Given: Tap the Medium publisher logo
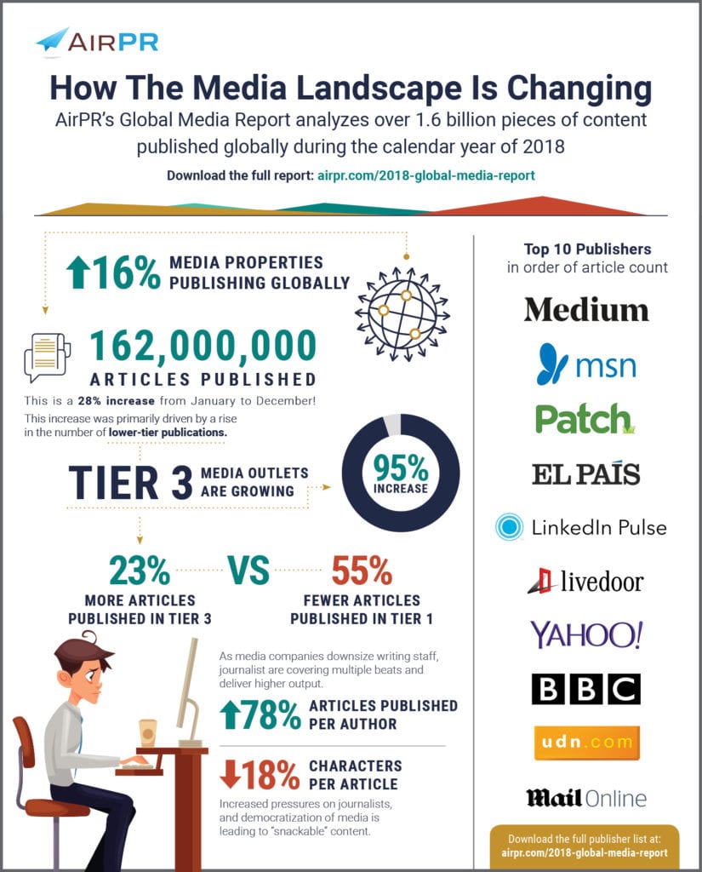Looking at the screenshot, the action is coord(586,310).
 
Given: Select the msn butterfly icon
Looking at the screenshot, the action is coord(552,364).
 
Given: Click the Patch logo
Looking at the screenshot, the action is coord(585,419).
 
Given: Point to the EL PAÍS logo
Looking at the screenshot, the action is coord(585,473).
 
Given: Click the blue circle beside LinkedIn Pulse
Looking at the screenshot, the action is coord(509,526).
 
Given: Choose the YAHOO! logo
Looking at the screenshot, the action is coord(586,634).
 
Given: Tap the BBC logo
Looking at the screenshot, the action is coord(585,689).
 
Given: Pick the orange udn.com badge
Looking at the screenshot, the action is coord(586,743).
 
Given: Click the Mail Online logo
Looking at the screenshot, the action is coord(586,799).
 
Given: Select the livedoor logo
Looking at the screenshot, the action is coord(585,582).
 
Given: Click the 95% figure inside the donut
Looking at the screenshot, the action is coord(401,468).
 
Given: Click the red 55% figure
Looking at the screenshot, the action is coord(362,571).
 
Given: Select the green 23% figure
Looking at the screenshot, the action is coord(140,571).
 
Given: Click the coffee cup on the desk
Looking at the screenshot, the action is coord(148,733).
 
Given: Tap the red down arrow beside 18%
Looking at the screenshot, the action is coord(230,774).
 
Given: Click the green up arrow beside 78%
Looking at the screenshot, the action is coord(230,714).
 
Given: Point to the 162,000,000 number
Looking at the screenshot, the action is coord(203,346).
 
